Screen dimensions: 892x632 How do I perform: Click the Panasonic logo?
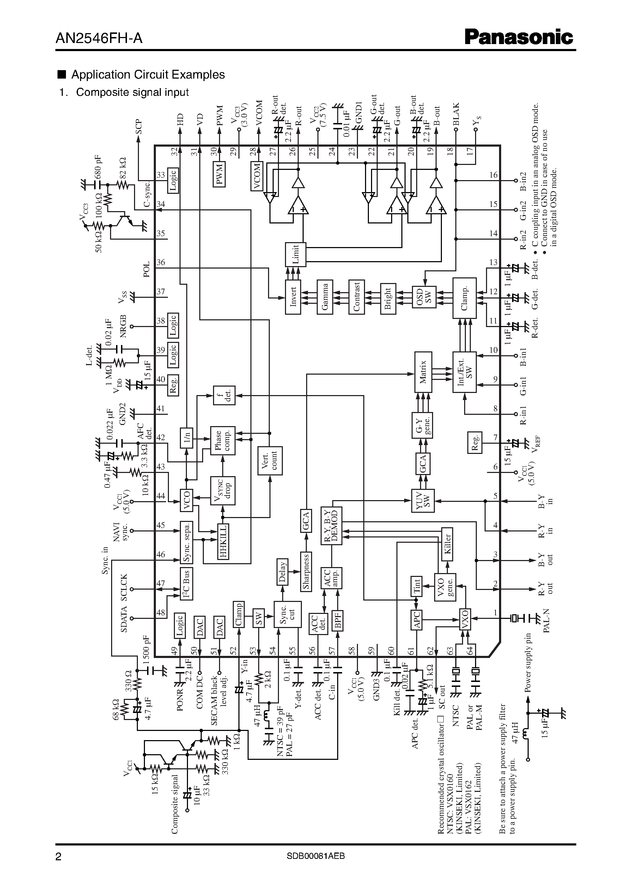(518, 37)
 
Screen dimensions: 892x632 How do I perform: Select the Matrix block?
(423, 372)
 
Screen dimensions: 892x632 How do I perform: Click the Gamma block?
(324, 297)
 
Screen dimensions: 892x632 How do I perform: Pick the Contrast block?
(357, 297)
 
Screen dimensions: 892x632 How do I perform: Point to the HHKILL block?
(223, 541)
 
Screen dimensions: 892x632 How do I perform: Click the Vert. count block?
(270, 460)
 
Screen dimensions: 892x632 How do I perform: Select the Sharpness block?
(306, 572)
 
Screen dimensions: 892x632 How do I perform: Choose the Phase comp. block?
(223, 440)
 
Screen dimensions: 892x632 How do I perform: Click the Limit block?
(296, 254)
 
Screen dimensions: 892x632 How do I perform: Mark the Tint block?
(417, 586)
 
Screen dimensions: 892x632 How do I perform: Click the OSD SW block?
(424, 297)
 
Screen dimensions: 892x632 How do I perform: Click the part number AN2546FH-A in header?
(99, 38)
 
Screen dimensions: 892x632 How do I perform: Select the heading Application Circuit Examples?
(148, 75)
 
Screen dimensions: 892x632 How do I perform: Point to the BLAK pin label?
(456, 114)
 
